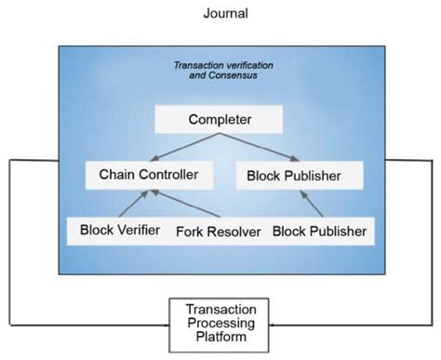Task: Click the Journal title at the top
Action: tap(220, 14)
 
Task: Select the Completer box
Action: tap(221, 120)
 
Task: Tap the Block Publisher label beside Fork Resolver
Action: tap(318, 230)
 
